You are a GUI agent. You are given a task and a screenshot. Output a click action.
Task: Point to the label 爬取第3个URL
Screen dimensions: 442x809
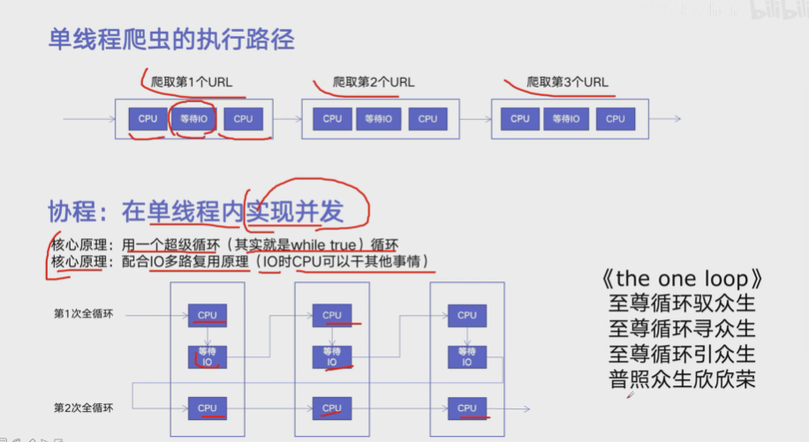click(x=567, y=83)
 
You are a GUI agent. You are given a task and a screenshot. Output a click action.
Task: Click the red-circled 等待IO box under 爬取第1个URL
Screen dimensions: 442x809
click(x=194, y=119)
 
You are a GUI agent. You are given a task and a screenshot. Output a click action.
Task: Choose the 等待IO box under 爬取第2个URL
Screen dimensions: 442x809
click(x=379, y=119)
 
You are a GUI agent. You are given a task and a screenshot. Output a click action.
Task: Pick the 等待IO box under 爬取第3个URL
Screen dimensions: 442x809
click(x=566, y=119)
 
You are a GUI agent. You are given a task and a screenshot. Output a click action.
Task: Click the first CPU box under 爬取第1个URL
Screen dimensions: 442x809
click(x=147, y=119)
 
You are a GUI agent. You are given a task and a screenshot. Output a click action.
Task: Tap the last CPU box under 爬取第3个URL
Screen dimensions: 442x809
click(x=616, y=119)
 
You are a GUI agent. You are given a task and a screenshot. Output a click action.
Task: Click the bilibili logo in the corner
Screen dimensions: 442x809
click(x=775, y=11)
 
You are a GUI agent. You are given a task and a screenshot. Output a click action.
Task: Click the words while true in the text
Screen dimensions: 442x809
click(x=321, y=245)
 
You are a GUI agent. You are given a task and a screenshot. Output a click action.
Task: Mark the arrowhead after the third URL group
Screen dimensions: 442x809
click(x=677, y=119)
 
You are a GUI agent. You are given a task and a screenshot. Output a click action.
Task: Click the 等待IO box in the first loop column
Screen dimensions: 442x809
click(x=208, y=356)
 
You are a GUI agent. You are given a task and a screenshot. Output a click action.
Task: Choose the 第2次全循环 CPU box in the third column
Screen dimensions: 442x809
click(x=467, y=408)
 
